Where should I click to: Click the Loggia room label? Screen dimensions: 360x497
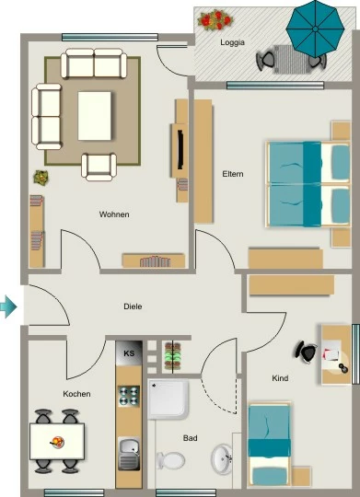(x=233, y=42)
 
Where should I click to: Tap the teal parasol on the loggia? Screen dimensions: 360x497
(x=315, y=29)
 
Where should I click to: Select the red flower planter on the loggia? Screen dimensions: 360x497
(x=215, y=19)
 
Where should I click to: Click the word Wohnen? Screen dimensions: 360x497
(x=114, y=214)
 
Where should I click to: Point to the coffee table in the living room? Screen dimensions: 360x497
(x=95, y=116)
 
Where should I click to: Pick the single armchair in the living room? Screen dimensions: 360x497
(x=99, y=167)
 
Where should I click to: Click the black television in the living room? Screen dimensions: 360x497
(x=180, y=149)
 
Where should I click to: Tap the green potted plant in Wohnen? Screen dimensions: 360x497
(x=41, y=178)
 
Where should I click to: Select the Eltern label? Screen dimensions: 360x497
(x=233, y=174)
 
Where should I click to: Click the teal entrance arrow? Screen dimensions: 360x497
(x=8, y=306)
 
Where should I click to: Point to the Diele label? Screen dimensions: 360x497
(x=133, y=306)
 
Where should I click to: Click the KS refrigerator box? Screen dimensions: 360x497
(x=129, y=353)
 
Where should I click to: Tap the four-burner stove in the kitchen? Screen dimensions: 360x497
(x=129, y=396)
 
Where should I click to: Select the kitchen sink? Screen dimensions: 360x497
(x=129, y=453)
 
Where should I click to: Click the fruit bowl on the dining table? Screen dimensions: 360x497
(x=58, y=442)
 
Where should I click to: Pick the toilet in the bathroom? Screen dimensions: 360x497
(x=170, y=460)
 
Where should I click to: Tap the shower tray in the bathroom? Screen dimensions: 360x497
(x=168, y=399)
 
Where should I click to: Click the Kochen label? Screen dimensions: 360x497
(x=76, y=394)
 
